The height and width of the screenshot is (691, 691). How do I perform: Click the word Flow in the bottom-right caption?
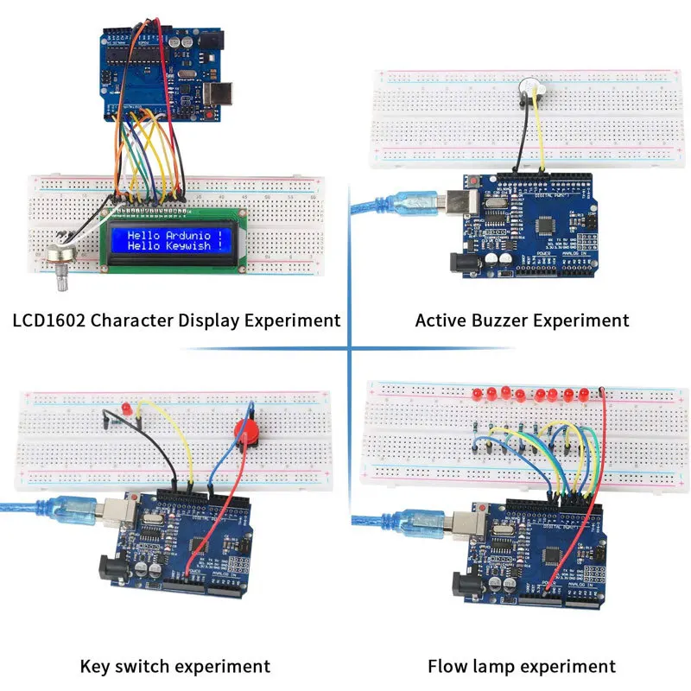click(449, 666)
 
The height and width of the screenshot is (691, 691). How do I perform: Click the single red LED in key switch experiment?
click(126, 407)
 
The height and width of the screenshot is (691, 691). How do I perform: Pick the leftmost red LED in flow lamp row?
click(478, 394)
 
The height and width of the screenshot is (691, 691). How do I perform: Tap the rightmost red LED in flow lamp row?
click(581, 395)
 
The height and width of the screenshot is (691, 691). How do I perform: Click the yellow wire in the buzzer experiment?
click(541, 138)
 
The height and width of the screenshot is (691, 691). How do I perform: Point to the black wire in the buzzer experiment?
click(518, 143)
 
